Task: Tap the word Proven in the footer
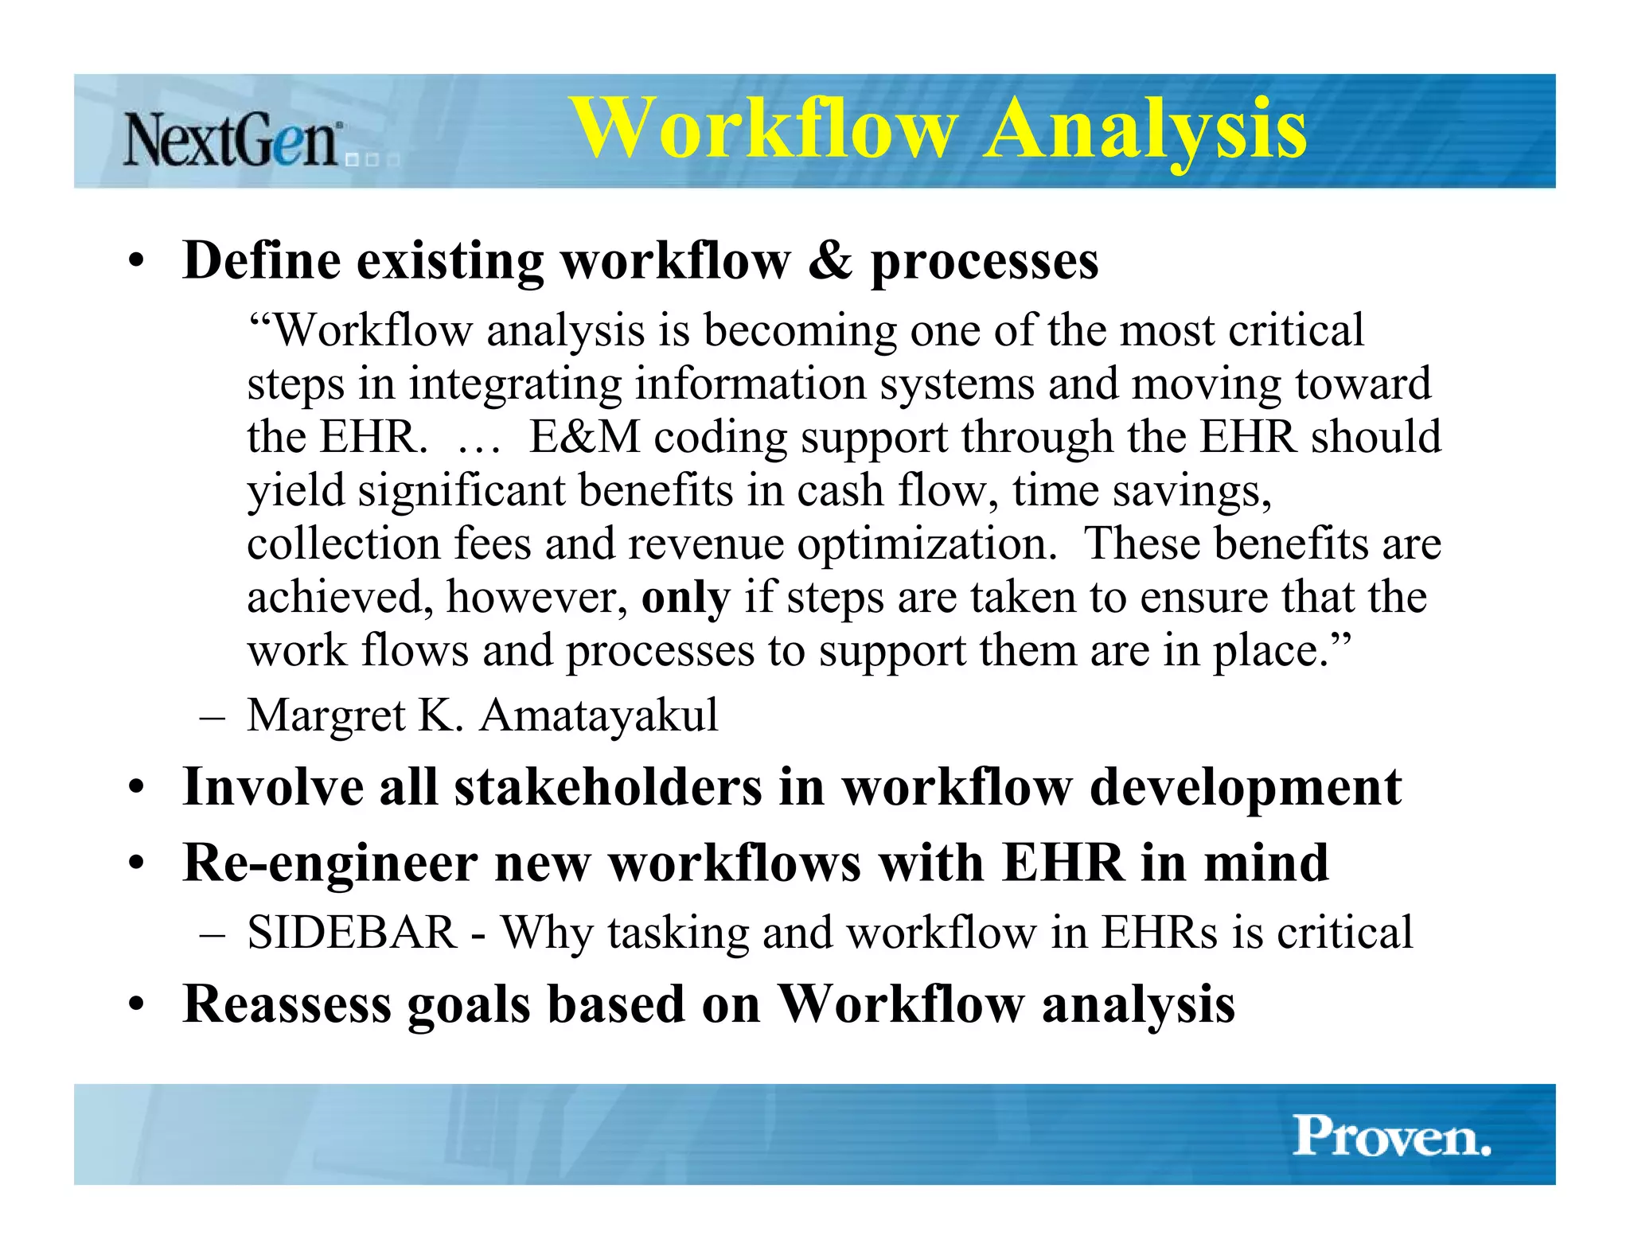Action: pyautogui.click(x=1391, y=1136)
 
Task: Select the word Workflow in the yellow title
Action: pyautogui.click(x=763, y=129)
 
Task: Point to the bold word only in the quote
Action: pyautogui.click(x=685, y=598)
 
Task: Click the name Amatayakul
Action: pyautogui.click(x=599, y=715)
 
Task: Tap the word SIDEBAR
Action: pyautogui.click(x=352, y=932)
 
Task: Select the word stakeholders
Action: pyautogui.click(x=607, y=787)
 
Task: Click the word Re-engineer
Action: pyautogui.click(x=329, y=863)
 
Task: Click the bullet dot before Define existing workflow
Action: pyautogui.click(x=137, y=262)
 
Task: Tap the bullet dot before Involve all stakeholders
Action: pyautogui.click(x=137, y=788)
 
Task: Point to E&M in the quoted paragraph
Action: pyautogui.click(x=585, y=437)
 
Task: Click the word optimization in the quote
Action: pyautogui.click(x=926, y=544)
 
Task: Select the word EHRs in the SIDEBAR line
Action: pyautogui.click(x=1159, y=932)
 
